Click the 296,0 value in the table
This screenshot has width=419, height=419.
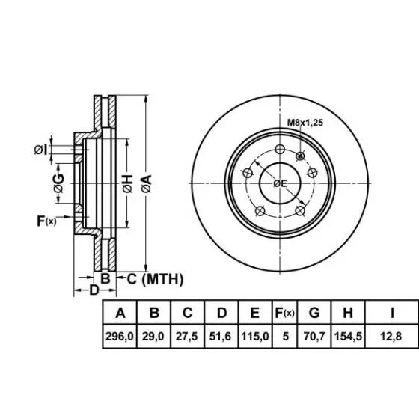pos(120,337)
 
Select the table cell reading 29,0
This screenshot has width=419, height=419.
pos(153,337)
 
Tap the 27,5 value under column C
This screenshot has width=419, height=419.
pos(187,337)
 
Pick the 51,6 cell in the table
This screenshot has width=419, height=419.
pos(220,337)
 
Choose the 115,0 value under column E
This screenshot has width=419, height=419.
pos(255,337)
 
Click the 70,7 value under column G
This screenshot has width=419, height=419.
pos(314,337)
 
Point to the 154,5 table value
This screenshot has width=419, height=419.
pos(348,337)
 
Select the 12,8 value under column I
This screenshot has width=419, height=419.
pos(391,337)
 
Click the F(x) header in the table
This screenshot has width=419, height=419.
pos(284,313)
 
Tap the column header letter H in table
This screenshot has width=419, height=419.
pos(348,313)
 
